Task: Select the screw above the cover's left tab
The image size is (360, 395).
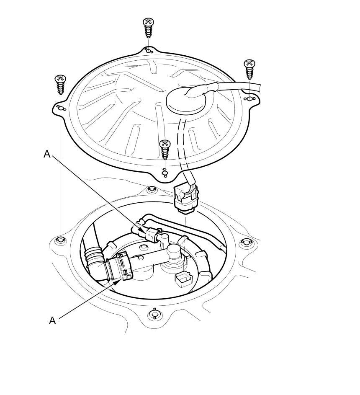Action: click(x=61, y=85)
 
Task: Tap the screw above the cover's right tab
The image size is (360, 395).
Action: click(x=249, y=69)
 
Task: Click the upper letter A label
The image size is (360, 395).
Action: click(x=47, y=154)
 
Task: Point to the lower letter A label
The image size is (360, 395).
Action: click(x=52, y=320)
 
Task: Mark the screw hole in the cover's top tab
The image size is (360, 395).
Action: click(x=148, y=51)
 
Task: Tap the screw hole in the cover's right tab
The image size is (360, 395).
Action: click(x=249, y=99)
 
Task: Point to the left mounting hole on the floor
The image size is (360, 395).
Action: click(x=61, y=240)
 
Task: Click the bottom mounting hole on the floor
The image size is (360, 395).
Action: click(x=154, y=314)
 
